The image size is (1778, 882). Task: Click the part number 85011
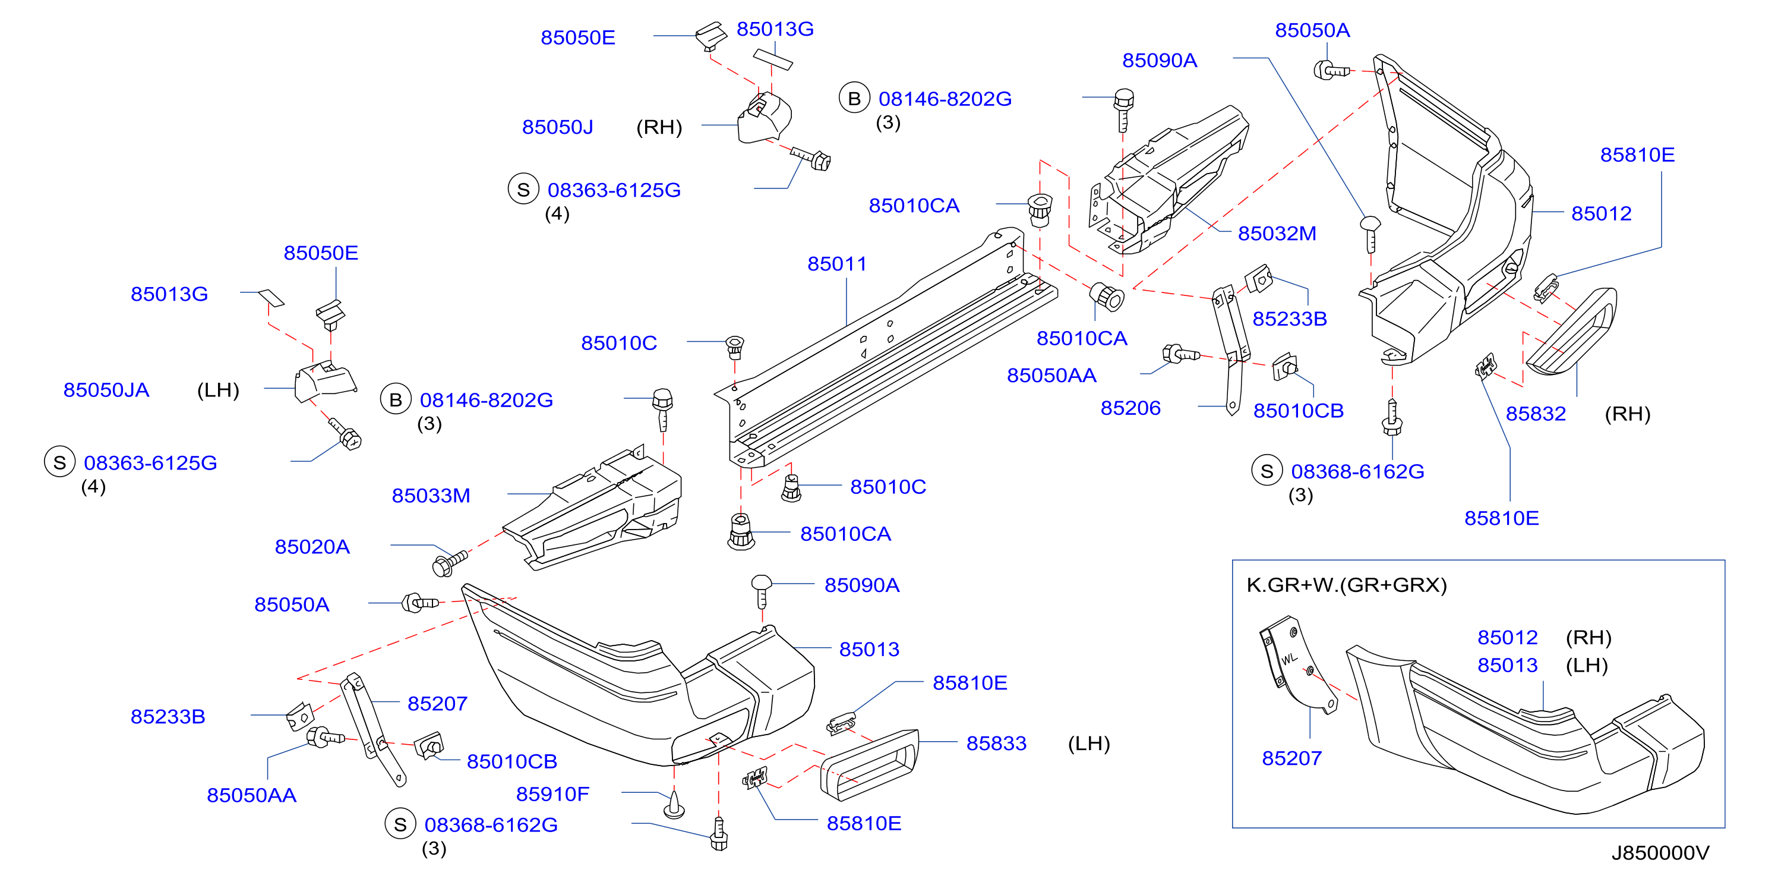[836, 264]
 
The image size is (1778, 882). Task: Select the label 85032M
[1277, 234]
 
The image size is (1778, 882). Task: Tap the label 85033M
[431, 495]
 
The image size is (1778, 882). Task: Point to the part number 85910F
[552, 793]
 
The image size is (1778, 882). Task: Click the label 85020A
[312, 546]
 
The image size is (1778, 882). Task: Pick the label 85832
[1536, 414]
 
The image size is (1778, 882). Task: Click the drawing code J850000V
[1660, 853]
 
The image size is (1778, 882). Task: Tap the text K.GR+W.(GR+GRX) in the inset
[1346, 585]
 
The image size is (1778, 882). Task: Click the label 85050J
[558, 127]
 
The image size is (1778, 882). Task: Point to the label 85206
[1130, 408]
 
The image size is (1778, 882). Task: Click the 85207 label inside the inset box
[1291, 758]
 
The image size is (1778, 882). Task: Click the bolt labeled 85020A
[449, 562]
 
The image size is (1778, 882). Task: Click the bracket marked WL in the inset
[1296, 664]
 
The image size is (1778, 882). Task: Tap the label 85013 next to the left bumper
[869, 649]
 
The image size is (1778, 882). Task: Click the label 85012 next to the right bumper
[1602, 213]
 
